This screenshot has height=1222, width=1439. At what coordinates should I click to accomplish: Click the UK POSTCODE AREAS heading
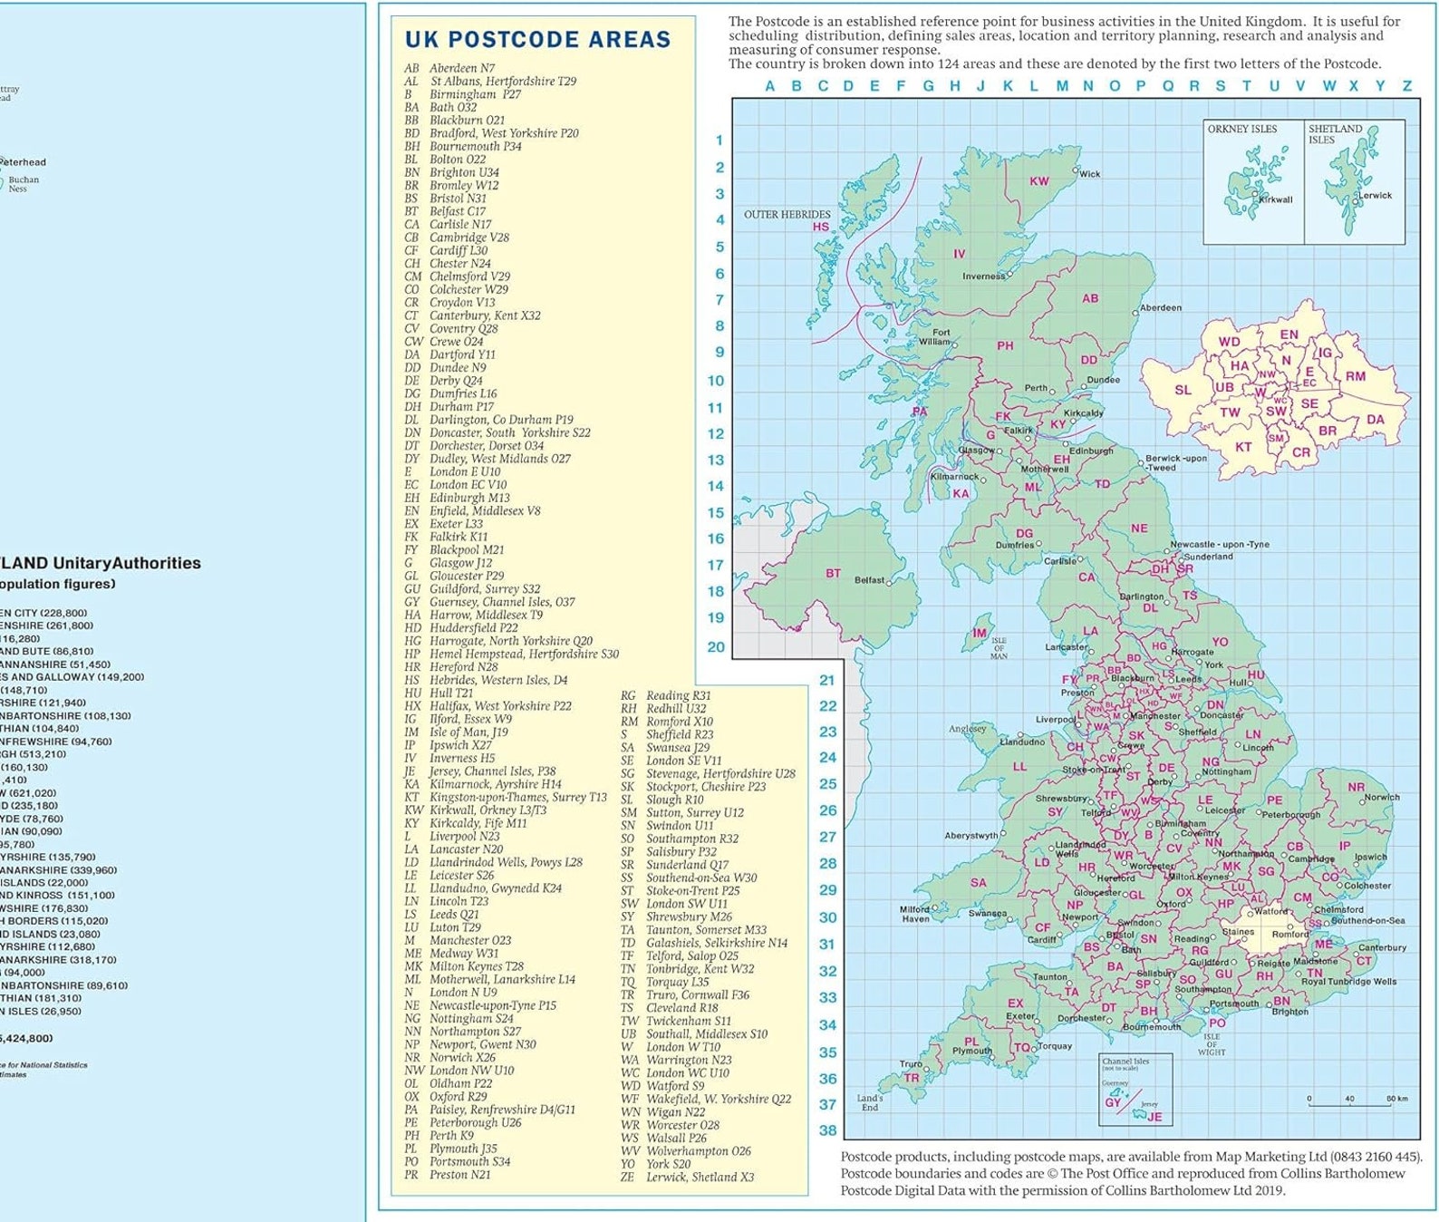coord(537,39)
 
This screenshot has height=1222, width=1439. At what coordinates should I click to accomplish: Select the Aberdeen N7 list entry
coord(449,68)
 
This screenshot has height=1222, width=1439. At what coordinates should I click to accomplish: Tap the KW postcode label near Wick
coord(1038,181)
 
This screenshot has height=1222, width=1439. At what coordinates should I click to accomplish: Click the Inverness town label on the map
coord(983,276)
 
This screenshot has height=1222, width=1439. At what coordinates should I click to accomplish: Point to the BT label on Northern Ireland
coord(833,574)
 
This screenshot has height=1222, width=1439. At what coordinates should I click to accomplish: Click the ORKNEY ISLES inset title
coord(1241,129)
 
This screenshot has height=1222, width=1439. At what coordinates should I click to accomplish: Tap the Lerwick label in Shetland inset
coord(1375,195)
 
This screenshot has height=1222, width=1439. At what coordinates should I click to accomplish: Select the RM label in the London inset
coord(1355,376)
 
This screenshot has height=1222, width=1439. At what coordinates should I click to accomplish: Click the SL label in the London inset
coord(1183,391)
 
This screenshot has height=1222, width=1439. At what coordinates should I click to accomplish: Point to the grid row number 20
coord(716,647)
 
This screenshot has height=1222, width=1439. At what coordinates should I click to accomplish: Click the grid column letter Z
coord(1406,86)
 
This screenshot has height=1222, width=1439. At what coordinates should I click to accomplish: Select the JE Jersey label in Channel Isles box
coord(1154,1117)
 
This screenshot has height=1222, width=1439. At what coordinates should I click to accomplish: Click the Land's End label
coord(869,1102)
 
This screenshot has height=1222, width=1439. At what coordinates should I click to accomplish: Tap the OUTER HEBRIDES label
coord(787,215)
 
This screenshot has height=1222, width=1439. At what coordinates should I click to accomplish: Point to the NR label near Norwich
coord(1356,787)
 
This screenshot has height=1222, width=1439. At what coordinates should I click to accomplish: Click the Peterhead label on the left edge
coord(23,162)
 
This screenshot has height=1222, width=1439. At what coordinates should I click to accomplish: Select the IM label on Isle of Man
coord(979,634)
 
